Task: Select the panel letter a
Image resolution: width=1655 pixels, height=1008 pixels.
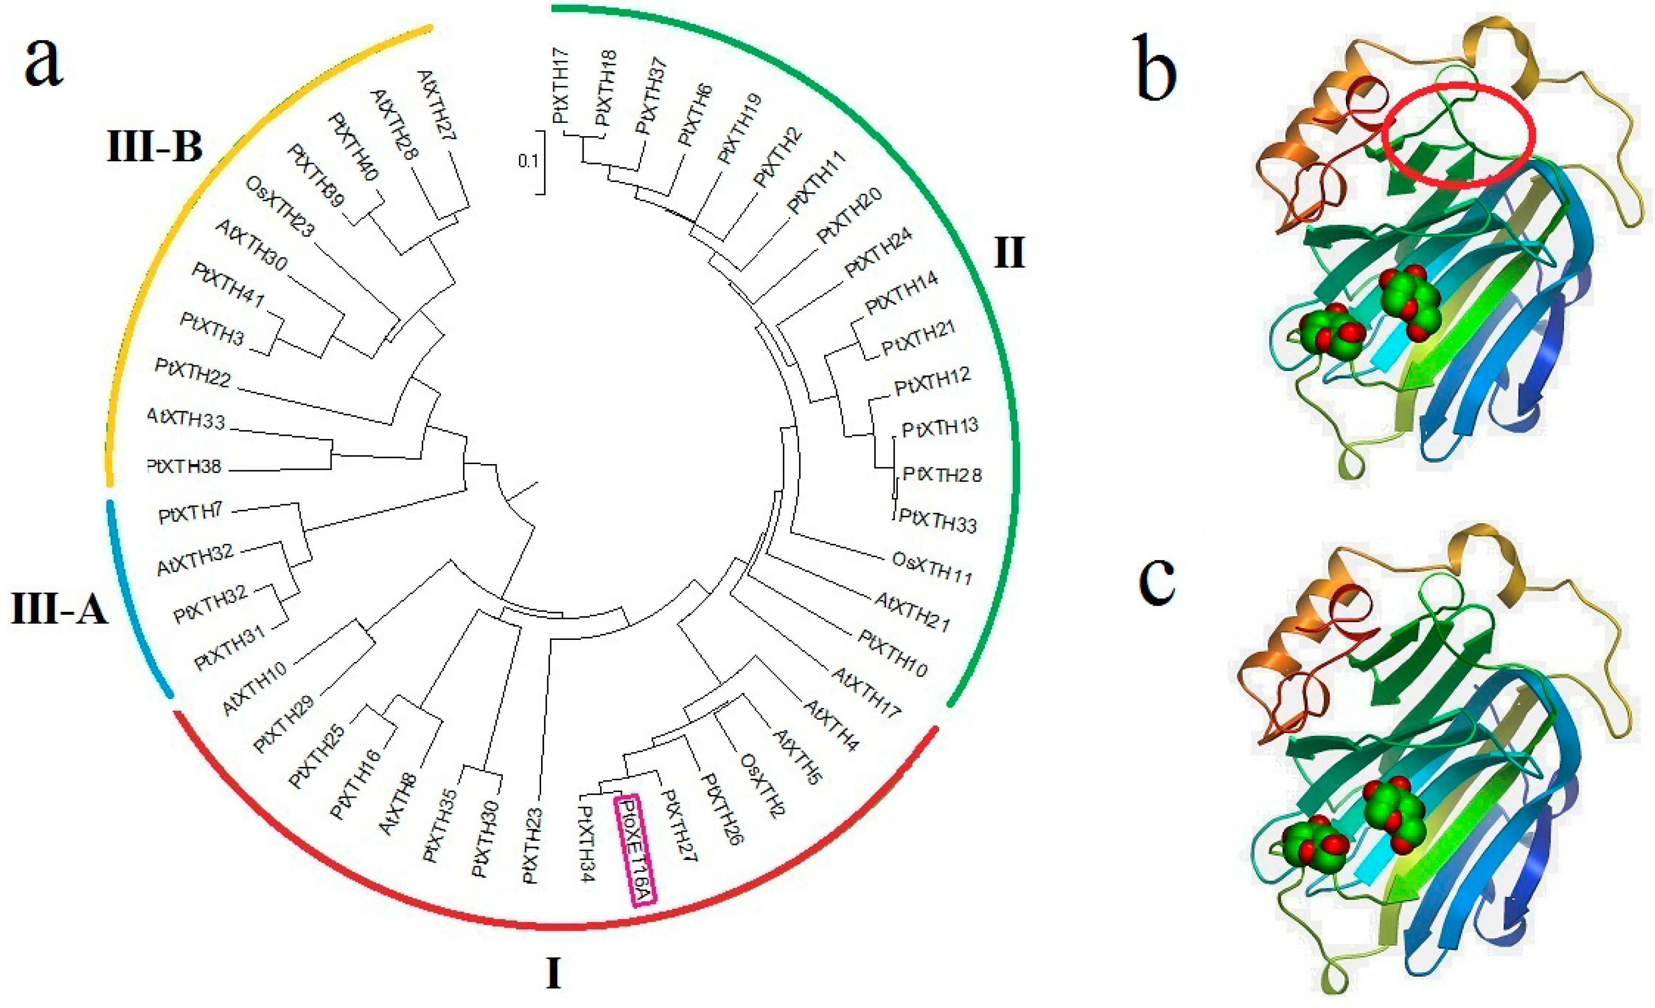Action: pyautogui.click(x=43, y=62)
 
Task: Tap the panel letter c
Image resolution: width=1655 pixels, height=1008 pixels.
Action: pyautogui.click(x=1156, y=579)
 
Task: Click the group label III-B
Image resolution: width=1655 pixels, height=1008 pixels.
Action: pyautogui.click(x=155, y=146)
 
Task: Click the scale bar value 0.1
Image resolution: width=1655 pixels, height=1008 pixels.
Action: pyautogui.click(x=528, y=161)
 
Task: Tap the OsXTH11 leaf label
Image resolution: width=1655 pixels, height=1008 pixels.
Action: pyautogui.click(x=931, y=568)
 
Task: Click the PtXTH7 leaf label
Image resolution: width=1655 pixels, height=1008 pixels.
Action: pyautogui.click(x=190, y=515)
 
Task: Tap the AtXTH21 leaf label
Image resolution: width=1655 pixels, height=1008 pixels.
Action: pyautogui.click(x=912, y=612)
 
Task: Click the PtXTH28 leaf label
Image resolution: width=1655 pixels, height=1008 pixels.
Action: pyautogui.click(x=942, y=475)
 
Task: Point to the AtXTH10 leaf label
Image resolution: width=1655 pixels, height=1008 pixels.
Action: pyautogui.click(x=255, y=687)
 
